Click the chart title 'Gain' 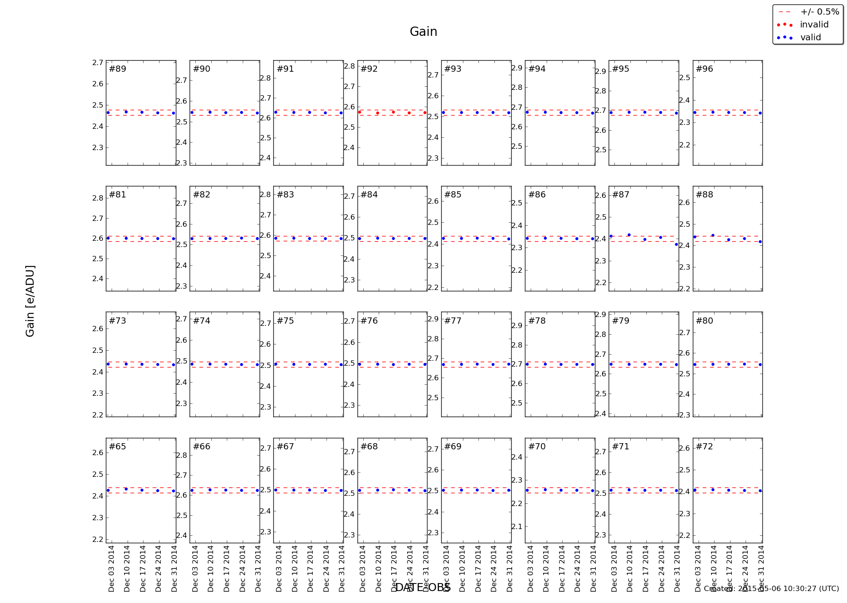tap(423, 32)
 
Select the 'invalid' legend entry tap(814, 25)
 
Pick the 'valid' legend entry tap(810, 38)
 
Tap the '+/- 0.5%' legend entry tap(820, 12)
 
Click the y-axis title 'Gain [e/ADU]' tap(30, 301)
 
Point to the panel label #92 tap(369, 69)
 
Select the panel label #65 tap(117, 447)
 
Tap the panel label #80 tap(704, 321)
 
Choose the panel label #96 tap(704, 69)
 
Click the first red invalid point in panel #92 tap(360, 112)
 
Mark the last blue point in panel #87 tap(676, 244)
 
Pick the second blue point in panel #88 tap(713, 236)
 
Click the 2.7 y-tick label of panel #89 tap(97, 63)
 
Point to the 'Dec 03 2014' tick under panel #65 tap(111, 568)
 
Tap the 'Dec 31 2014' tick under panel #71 tap(677, 568)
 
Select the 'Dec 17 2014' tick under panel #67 tap(310, 568)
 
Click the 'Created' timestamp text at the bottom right tap(771, 589)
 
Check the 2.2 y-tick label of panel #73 tap(97, 415)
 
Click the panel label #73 tap(117, 321)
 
